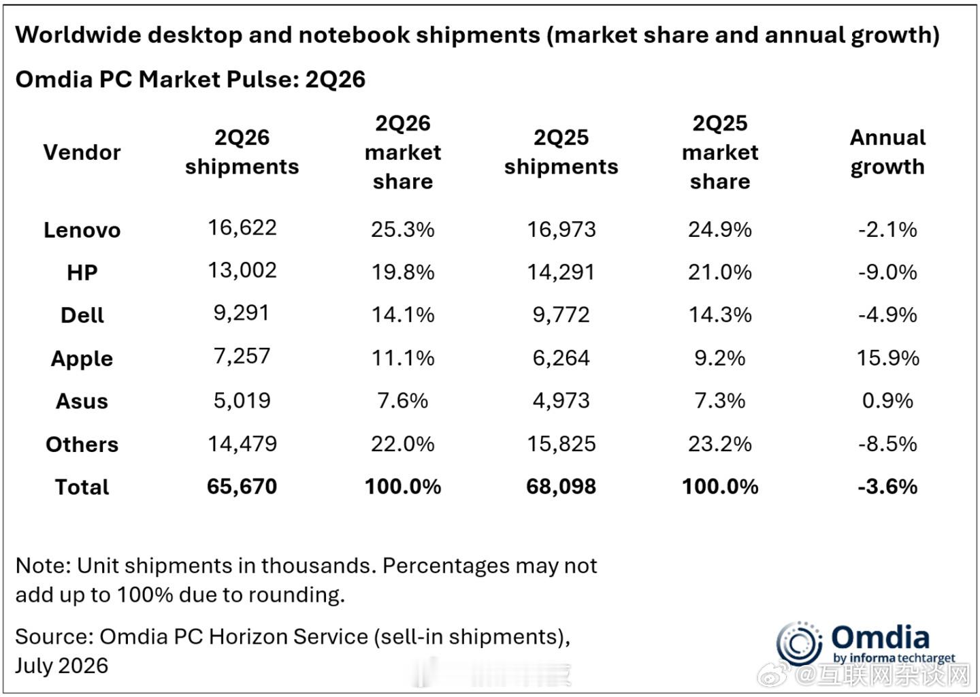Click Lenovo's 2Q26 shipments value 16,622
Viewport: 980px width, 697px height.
[242, 227]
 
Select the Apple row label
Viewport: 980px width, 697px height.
[82, 359]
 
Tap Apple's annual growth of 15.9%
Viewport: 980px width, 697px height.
[887, 358]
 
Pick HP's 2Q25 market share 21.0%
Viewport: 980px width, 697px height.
[720, 272]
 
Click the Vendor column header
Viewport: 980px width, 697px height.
[82, 152]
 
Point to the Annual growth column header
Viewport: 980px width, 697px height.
[887, 152]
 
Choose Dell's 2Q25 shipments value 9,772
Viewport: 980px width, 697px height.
[561, 315]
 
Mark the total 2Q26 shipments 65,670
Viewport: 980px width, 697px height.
[242, 487]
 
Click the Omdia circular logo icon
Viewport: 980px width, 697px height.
[798, 644]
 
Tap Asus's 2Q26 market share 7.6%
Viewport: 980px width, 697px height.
[402, 401]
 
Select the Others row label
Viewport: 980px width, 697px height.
[82, 444]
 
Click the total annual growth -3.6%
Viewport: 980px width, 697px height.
[887, 487]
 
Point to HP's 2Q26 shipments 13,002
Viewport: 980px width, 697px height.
[242, 270]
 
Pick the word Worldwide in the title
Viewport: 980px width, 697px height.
[78, 35]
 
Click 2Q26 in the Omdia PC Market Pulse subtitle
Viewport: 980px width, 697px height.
[335, 79]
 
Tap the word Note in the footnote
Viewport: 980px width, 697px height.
[41, 566]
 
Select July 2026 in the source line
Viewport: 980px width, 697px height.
[62, 666]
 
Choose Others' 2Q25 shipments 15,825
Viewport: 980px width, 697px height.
[561, 444]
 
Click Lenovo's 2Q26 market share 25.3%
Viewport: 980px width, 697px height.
[402, 229]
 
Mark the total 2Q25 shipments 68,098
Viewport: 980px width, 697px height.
[561, 487]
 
